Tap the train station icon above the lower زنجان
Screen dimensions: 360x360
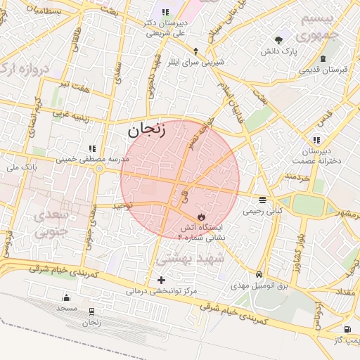click(x=91, y=311)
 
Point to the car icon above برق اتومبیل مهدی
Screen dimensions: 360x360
click(x=259, y=274)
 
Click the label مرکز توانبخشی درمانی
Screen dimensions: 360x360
click(x=162, y=290)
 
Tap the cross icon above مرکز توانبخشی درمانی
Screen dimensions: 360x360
click(x=162, y=281)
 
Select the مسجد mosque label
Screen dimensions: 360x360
click(x=67, y=309)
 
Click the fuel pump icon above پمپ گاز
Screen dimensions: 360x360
click(x=347, y=329)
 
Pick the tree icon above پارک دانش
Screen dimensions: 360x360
click(x=279, y=40)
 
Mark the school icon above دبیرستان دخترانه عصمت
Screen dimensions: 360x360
click(x=316, y=140)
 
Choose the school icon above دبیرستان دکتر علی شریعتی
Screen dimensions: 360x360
click(x=165, y=12)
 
